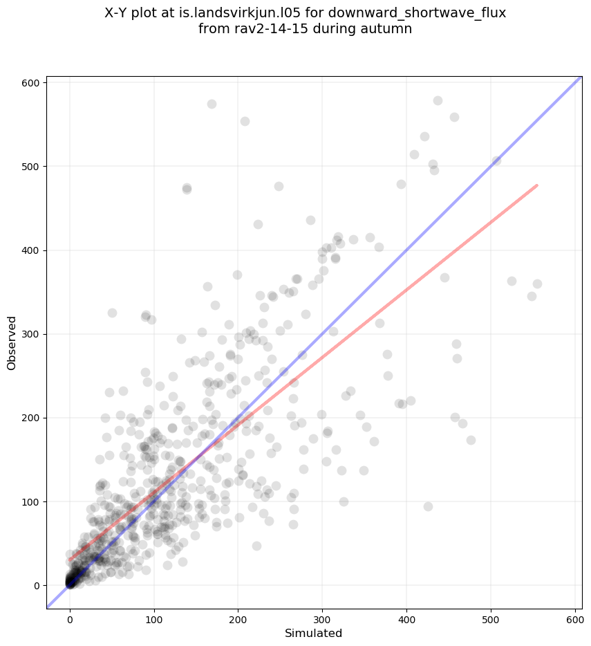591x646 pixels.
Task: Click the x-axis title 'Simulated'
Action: pos(314,633)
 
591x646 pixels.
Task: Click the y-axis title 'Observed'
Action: pos(12,343)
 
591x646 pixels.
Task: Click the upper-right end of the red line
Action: pos(537,185)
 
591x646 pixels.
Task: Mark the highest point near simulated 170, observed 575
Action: pos(212,104)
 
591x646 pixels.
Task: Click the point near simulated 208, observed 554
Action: pos(245,121)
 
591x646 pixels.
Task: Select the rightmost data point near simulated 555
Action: pos(537,284)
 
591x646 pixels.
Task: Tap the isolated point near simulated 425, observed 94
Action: pos(428,506)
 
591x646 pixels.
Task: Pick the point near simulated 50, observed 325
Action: pos(112,313)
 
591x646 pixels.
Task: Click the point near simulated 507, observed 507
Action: pos(496,160)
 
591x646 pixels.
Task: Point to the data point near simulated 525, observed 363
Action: pos(512,281)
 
